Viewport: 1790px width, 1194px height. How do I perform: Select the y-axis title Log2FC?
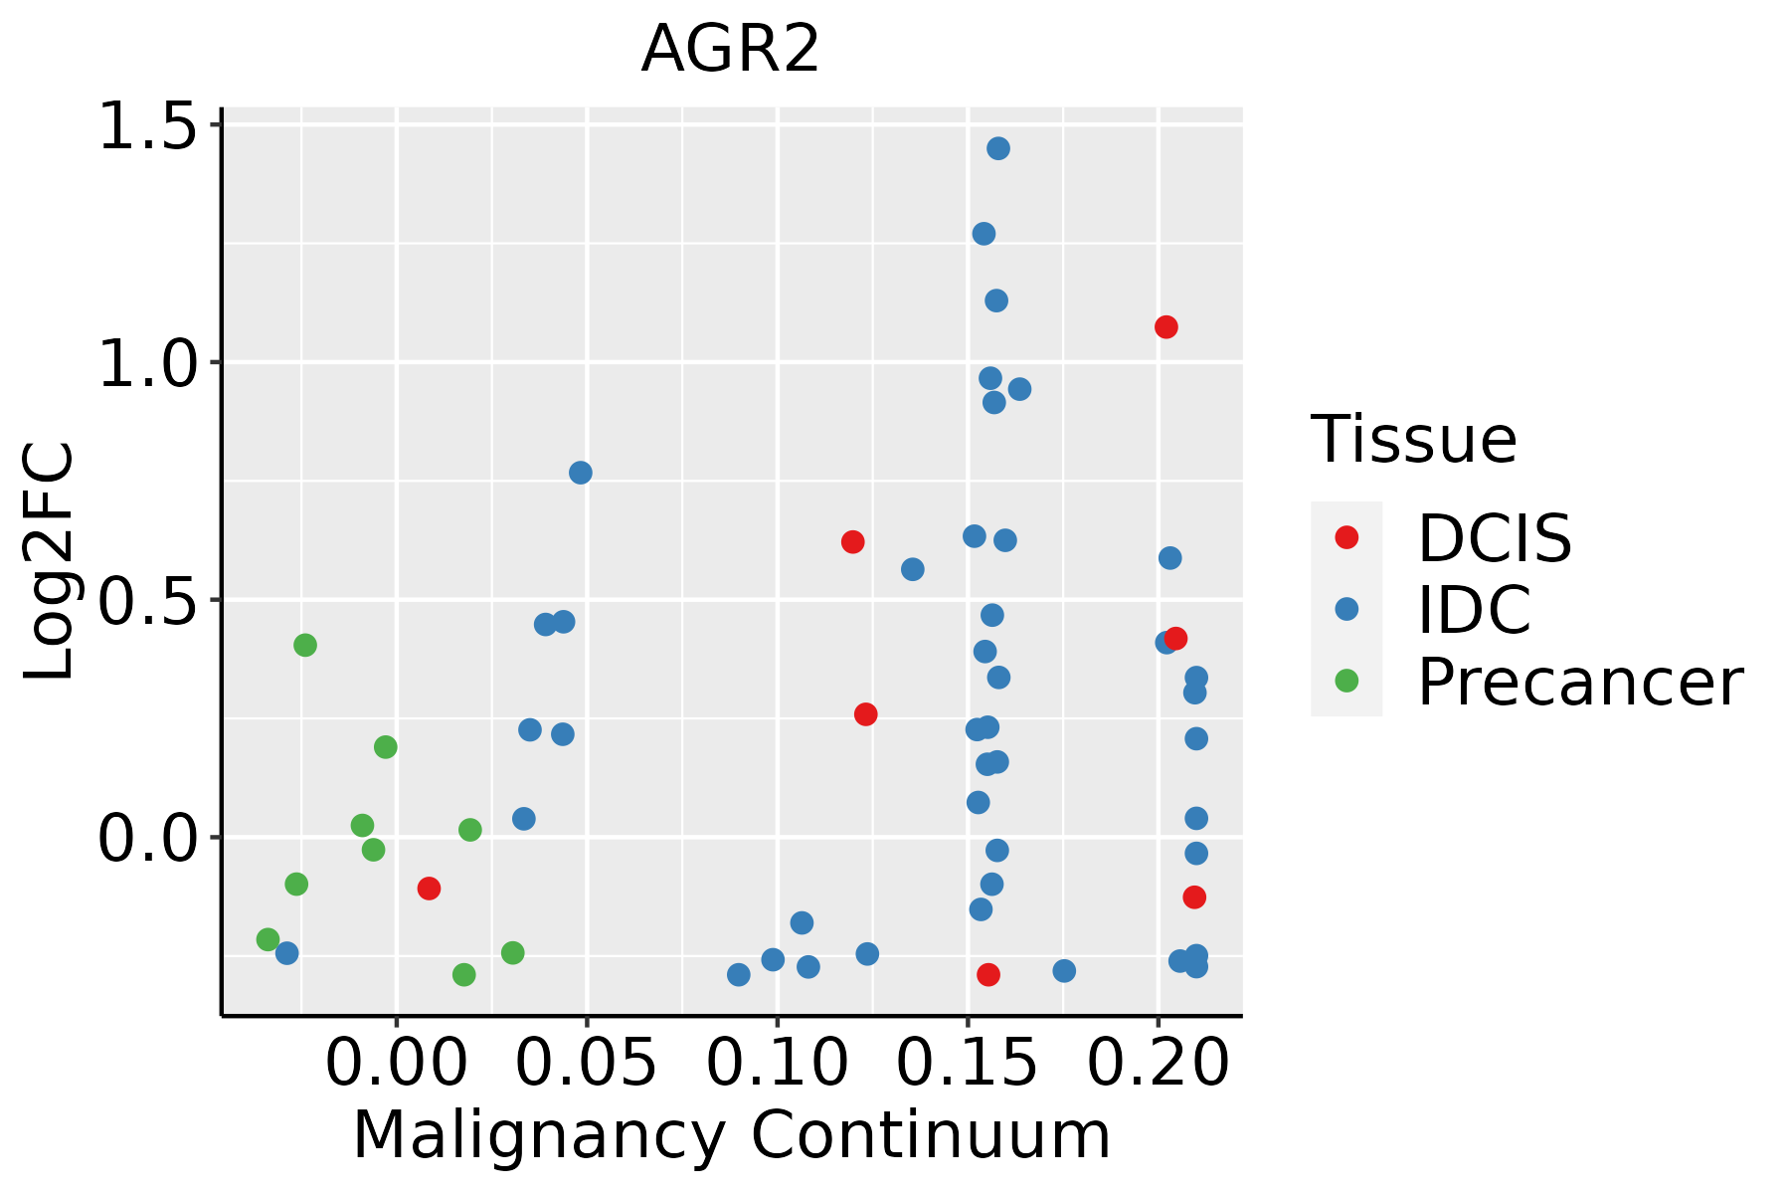click(x=50, y=562)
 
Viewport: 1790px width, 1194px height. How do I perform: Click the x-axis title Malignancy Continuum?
click(x=731, y=1136)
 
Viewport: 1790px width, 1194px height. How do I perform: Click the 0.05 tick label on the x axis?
click(x=587, y=1063)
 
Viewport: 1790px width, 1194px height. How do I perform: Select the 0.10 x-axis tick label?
click(x=777, y=1063)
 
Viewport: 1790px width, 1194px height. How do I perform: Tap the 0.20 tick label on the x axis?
click(x=1158, y=1063)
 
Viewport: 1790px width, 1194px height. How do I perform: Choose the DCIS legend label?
click(x=1494, y=538)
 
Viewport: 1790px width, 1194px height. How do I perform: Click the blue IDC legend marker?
click(x=1346, y=609)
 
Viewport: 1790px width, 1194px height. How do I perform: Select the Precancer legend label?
click(x=1579, y=683)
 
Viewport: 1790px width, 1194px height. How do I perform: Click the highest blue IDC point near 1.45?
click(x=998, y=148)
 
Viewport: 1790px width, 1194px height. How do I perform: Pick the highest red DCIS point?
click(x=1166, y=327)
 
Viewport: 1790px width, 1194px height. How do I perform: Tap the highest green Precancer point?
click(x=305, y=645)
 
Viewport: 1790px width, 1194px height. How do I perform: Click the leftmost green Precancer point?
click(x=268, y=939)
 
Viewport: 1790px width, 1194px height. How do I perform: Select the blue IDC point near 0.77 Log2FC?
click(x=581, y=473)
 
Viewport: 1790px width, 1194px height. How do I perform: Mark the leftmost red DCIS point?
click(x=429, y=889)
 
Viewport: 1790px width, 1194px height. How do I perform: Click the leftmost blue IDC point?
click(x=287, y=953)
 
